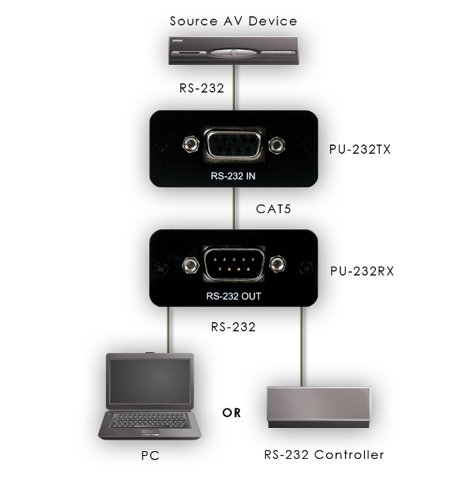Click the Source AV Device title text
(234, 21)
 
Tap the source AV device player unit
(234, 53)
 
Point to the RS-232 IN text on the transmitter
(234, 175)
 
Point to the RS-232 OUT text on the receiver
(234, 296)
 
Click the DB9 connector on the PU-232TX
(233, 145)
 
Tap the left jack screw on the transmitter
(188, 144)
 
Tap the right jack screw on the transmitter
(279, 144)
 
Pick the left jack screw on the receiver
(187, 266)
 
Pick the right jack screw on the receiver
(280, 266)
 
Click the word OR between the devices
(232, 412)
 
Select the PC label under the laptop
(150, 455)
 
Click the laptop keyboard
(149, 421)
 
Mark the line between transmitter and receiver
(234, 209)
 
